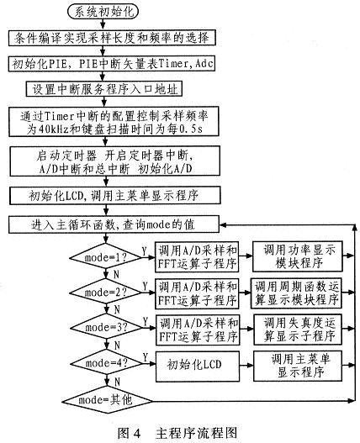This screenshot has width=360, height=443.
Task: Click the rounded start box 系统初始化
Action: [x=103, y=12]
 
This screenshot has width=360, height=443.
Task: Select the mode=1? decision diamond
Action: [x=105, y=257]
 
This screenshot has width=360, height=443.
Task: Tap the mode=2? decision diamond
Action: [x=105, y=293]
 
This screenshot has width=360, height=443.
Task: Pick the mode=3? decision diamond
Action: [x=106, y=328]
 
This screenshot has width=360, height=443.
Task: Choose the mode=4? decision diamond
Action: [x=106, y=363]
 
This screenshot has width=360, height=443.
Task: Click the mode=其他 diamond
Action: [x=107, y=400]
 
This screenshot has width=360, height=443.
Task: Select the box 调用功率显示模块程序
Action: [x=297, y=256]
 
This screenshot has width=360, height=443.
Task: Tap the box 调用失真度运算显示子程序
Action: [x=298, y=330]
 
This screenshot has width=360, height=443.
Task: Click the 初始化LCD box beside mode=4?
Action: [x=198, y=366]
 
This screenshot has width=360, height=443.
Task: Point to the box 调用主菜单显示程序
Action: [x=298, y=366]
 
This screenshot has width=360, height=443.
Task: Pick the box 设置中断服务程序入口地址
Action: [x=103, y=89]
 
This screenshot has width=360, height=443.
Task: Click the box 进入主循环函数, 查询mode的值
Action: [x=114, y=224]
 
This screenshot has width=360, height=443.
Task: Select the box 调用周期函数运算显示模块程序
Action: [x=296, y=293]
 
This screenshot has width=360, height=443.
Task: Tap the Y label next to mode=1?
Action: [x=145, y=251]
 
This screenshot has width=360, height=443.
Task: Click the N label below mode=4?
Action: [x=117, y=382]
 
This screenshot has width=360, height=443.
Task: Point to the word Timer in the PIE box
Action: [x=173, y=64]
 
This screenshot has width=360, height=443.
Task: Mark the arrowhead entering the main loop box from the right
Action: [x=224, y=225]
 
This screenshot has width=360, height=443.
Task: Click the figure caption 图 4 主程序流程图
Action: [x=177, y=433]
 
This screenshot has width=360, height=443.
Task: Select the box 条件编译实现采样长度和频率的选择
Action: [x=112, y=37]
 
